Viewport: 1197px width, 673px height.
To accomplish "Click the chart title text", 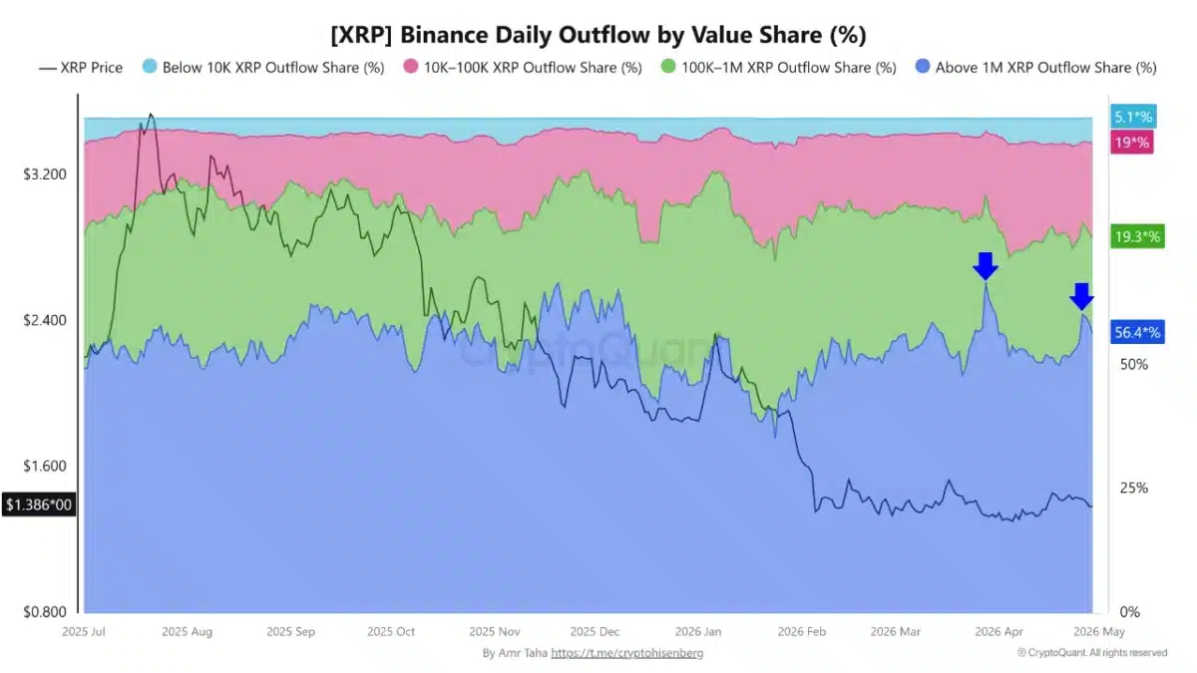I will [x=598, y=35].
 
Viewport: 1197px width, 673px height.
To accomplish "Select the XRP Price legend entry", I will [x=81, y=68].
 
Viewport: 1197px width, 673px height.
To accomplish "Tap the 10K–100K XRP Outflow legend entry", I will [x=523, y=68].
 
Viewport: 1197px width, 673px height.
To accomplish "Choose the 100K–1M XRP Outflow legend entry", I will [x=779, y=68].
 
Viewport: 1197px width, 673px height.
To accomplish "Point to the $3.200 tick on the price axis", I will [x=44, y=174].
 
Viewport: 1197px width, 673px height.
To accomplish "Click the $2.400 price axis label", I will [x=44, y=321].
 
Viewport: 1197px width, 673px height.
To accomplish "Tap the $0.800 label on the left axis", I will [x=44, y=612].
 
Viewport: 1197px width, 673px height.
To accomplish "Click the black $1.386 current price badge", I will [x=39, y=505].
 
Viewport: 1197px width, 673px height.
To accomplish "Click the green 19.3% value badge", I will [x=1136, y=237].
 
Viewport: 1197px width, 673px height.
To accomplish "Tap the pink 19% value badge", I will [x=1132, y=143].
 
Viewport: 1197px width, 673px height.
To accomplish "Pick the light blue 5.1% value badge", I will [x=1132, y=117].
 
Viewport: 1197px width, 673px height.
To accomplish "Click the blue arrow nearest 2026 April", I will [x=986, y=266].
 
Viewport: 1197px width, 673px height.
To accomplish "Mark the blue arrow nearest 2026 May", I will [x=1081, y=297].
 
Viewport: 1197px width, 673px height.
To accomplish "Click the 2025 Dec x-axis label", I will [x=595, y=632].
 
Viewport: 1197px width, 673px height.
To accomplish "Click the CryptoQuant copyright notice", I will [x=1091, y=653].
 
